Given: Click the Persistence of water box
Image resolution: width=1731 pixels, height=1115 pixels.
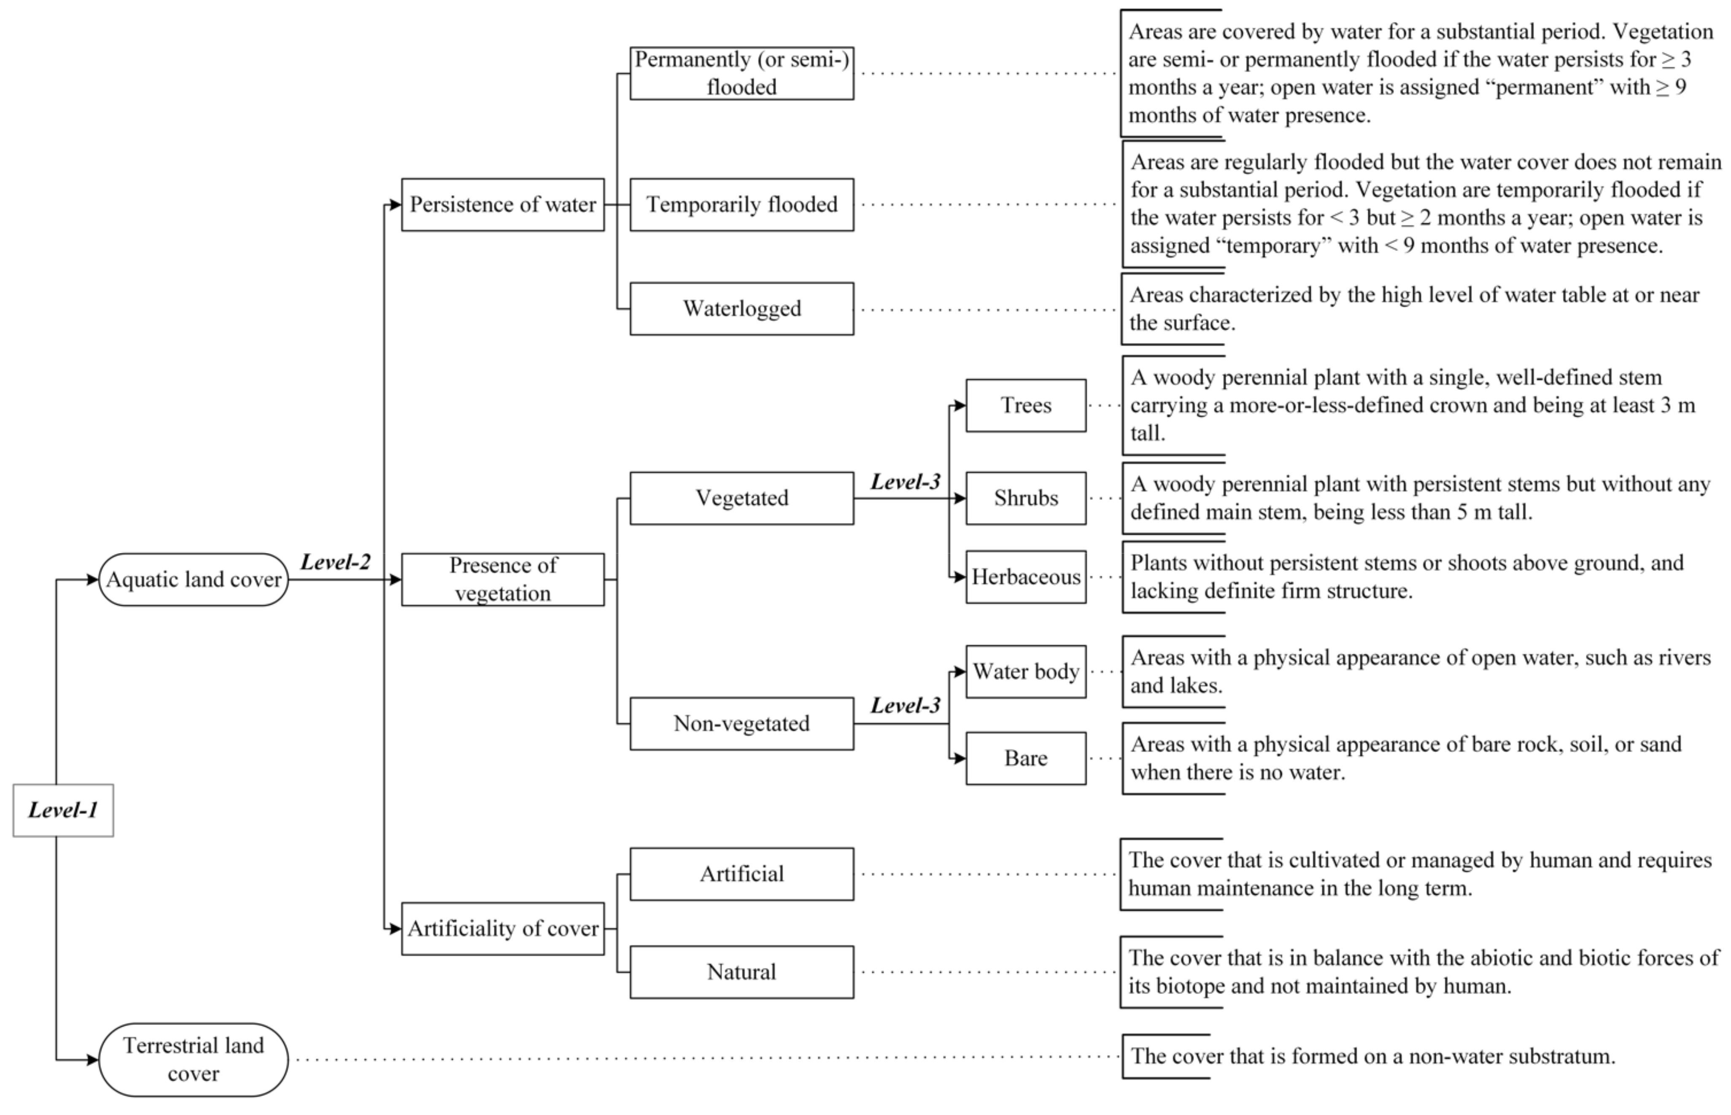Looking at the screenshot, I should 503,205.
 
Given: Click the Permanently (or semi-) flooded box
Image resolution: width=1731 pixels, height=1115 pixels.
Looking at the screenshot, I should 741,73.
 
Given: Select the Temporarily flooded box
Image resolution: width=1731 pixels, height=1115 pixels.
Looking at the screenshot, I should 741,205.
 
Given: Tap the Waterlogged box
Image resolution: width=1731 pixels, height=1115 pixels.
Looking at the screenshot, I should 741,309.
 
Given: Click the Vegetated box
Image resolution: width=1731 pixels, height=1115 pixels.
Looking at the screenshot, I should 741,498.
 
